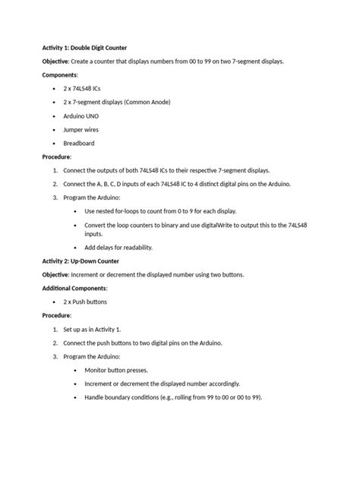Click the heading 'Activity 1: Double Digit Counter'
tap(84, 47)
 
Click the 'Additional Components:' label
tap(74, 288)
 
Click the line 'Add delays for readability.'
tap(118, 247)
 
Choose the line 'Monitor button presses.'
tap(116, 370)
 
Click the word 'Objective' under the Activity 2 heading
tap(55, 274)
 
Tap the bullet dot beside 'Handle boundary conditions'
tap(74, 397)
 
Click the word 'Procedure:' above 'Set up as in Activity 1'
tap(57, 315)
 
